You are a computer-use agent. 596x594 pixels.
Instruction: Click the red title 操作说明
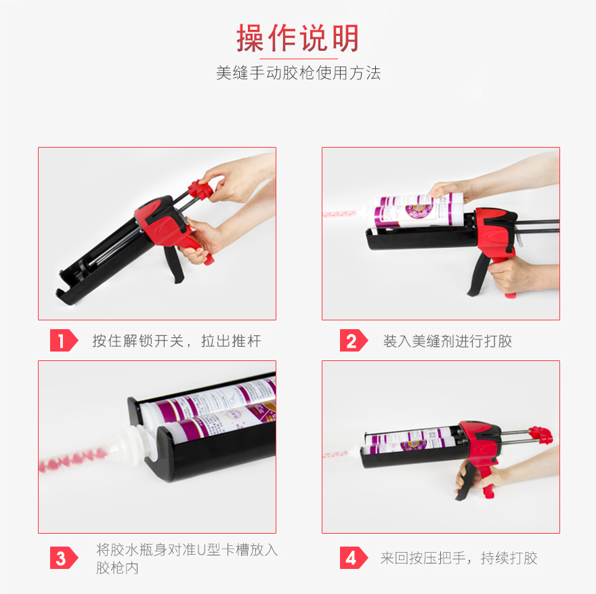(297, 39)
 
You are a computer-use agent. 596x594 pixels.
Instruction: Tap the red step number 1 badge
(63, 341)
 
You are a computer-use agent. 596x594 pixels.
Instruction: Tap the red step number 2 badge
(352, 341)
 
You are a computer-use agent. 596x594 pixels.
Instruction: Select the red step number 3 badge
(63, 558)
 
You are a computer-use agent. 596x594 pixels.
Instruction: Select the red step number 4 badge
(352, 558)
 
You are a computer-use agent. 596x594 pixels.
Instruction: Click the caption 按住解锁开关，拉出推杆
(176, 341)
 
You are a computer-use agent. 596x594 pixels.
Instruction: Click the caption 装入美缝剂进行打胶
(447, 341)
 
